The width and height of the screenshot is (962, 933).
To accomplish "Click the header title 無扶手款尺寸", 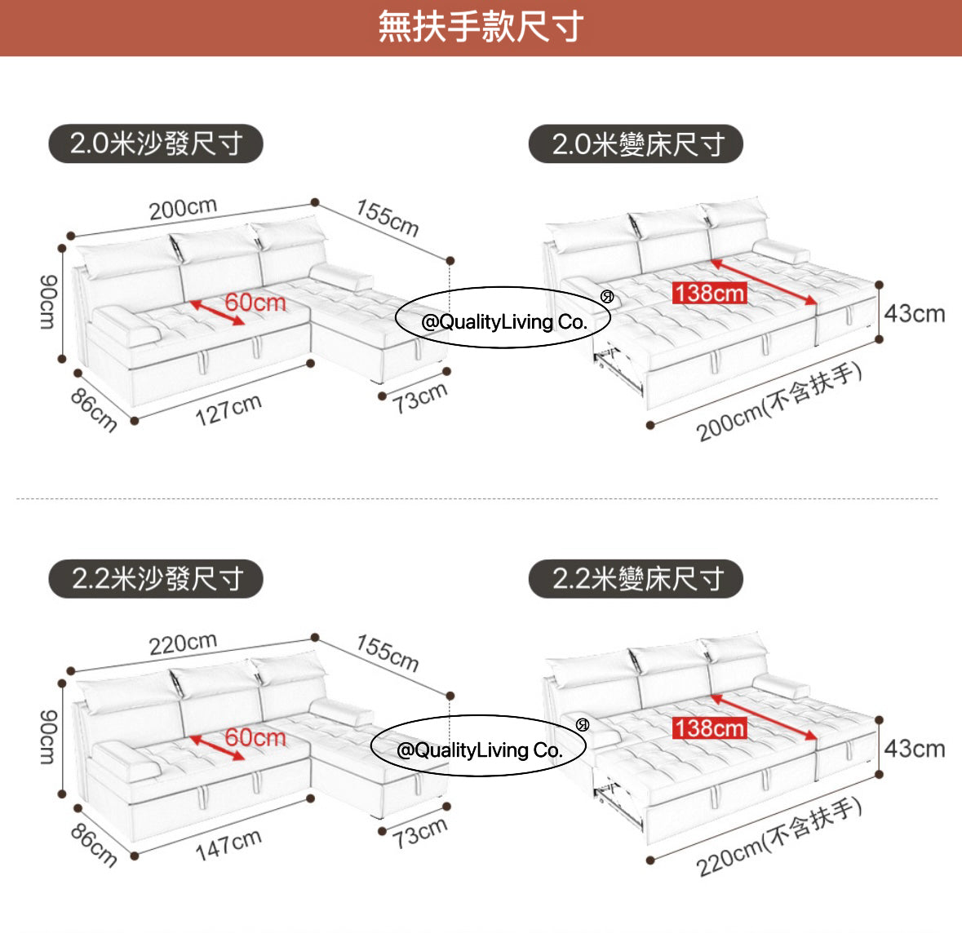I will point(481,27).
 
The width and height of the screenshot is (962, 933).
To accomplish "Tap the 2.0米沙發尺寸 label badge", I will point(156,144).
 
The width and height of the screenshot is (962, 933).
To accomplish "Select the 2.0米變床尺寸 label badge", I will point(636,144).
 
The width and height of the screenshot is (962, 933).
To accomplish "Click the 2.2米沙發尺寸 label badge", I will point(156,579).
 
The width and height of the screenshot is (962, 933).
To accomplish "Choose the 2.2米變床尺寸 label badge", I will point(636,579).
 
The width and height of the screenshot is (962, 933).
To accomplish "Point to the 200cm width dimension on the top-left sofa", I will point(183,209).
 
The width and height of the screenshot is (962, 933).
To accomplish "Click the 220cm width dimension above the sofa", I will point(183,644).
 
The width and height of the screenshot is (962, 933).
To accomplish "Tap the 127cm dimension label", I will point(228,409).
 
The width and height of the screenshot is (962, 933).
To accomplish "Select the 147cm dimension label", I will point(228,843).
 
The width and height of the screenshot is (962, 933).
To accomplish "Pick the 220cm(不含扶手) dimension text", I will point(779,838).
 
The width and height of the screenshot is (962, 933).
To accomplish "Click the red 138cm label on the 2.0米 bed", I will point(709,293).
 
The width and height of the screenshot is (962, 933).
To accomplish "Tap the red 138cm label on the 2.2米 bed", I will point(709,728).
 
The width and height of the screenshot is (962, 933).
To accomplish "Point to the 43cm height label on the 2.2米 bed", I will point(914,749).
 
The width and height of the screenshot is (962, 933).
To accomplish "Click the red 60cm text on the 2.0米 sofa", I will point(255,303).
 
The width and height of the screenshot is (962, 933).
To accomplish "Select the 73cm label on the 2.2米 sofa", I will point(420,833).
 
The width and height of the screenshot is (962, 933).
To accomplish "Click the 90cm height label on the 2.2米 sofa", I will point(47,737).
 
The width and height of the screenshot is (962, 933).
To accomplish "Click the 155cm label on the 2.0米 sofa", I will point(388,218).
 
